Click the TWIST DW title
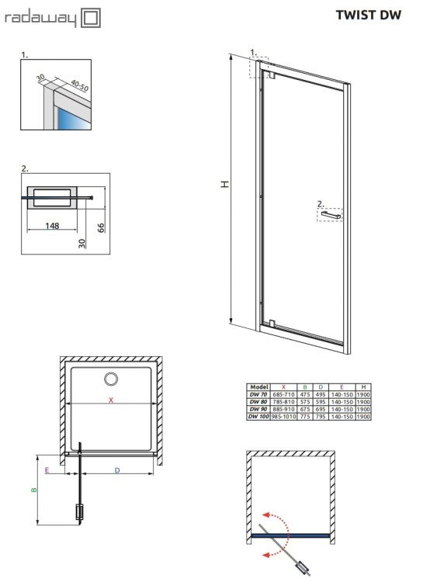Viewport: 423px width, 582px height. [369, 15]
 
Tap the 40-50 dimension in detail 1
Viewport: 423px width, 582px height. [79, 85]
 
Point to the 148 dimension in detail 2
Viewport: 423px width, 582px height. [53, 226]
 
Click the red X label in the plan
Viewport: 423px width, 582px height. [111, 400]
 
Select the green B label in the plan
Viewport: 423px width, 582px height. [34, 490]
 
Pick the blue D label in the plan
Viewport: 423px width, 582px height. [117, 469]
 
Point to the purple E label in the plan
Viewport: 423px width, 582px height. [48, 469]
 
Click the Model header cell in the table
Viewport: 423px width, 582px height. [258, 386]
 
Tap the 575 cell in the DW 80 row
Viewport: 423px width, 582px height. [305, 402]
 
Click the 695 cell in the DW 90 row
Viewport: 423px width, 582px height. [320, 409]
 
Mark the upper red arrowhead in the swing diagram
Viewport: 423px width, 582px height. [266, 514]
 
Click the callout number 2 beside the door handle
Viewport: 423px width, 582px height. [320, 204]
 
